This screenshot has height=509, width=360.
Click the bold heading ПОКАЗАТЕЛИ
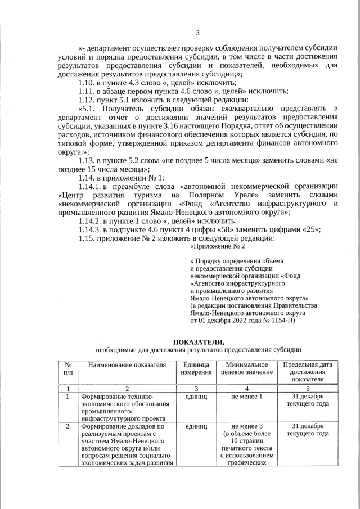[197, 341]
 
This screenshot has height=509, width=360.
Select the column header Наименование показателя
[127, 364]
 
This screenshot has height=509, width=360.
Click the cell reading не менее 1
[246, 397]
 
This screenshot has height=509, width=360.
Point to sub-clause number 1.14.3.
[92, 229]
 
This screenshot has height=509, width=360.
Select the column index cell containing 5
[307, 388]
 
